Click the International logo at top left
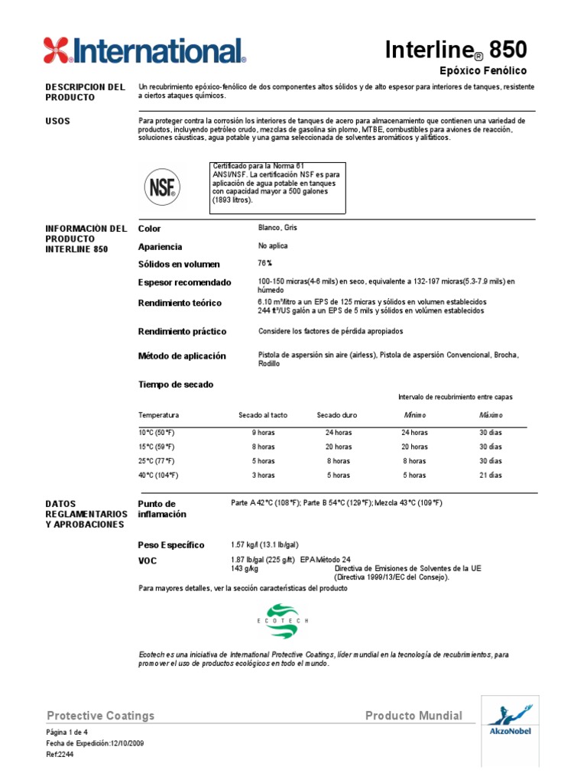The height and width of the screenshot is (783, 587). pyautogui.click(x=144, y=50)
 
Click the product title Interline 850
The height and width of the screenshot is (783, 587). pyautogui.click(x=466, y=50)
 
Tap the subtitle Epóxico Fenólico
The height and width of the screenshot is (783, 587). pyautogui.click(x=484, y=70)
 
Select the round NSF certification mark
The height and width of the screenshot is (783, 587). pyautogui.click(x=161, y=187)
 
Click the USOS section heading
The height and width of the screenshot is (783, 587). pyautogui.click(x=58, y=121)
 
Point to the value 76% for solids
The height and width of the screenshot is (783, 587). pyautogui.click(x=265, y=263)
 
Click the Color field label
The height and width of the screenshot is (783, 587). pyautogui.click(x=149, y=229)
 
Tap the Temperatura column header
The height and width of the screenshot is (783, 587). pyautogui.click(x=158, y=415)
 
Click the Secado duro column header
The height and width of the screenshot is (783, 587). pyautogui.click(x=337, y=415)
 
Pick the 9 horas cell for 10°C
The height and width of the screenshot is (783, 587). pyautogui.click(x=263, y=432)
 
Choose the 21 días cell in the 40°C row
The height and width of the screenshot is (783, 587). pyautogui.click(x=491, y=475)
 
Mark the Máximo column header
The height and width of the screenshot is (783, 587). pyautogui.click(x=491, y=415)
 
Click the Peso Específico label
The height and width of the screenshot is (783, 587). pyautogui.click(x=170, y=545)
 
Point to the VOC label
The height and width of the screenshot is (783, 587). pyautogui.click(x=147, y=561)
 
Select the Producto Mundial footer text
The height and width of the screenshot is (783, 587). pyautogui.click(x=413, y=716)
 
